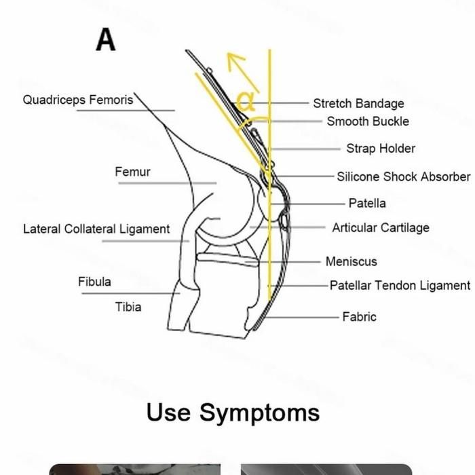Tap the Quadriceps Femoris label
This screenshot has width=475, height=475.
coord(78,100)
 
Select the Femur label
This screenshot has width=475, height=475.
coord(132,172)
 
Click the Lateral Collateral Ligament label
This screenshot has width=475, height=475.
coord(96,229)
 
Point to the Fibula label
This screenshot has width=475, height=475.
coord(94,281)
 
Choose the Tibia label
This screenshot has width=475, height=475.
coord(128,307)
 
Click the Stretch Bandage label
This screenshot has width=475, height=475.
coord(358,103)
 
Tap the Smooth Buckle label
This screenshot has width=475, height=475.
coord(368,121)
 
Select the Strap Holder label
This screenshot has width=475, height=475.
coord(381,149)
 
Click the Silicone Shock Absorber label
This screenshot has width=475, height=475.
coord(403,176)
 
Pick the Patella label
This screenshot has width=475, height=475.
coord(367,203)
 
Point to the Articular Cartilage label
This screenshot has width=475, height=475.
coord(381,228)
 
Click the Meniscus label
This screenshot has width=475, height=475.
coord(351,261)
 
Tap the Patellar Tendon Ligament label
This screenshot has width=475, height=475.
coord(400,286)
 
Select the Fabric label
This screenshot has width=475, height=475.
coord(359,316)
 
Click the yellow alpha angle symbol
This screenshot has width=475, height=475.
coord(246,102)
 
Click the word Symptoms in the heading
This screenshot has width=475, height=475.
coord(259,412)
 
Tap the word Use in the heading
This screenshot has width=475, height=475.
coord(168,412)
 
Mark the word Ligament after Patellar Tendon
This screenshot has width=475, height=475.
coord(444,286)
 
